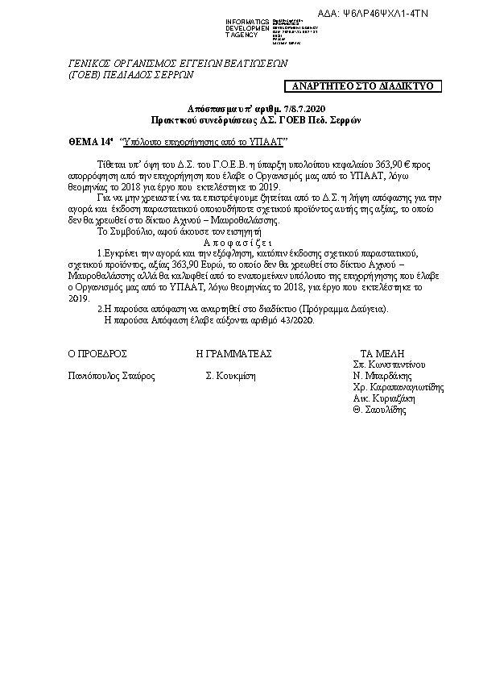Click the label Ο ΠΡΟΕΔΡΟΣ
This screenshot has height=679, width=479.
(x=97, y=353)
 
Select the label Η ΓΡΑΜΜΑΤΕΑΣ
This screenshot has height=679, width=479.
(x=234, y=353)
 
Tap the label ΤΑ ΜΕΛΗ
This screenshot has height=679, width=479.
(x=382, y=353)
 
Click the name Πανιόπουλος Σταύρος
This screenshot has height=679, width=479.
(x=112, y=376)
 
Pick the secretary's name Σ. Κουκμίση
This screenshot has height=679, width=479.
(x=230, y=376)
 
